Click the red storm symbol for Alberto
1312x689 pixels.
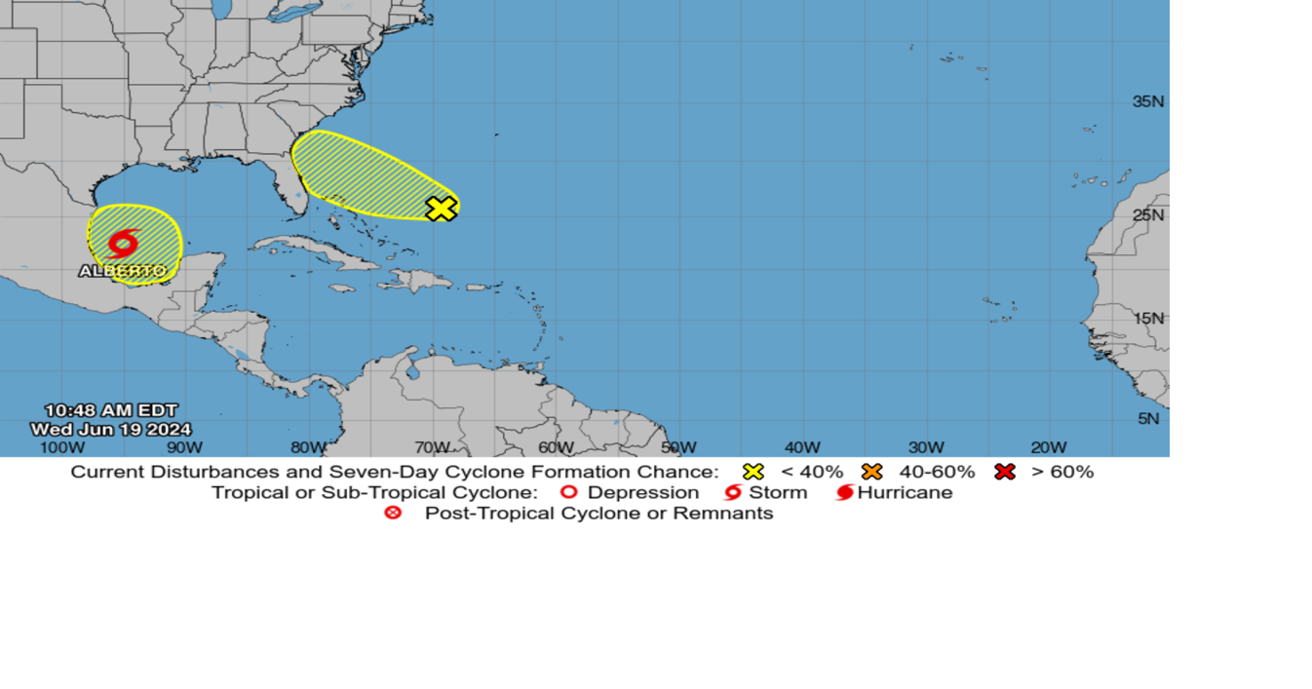pyautogui.click(x=124, y=242)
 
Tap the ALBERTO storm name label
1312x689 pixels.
pyautogui.click(x=123, y=271)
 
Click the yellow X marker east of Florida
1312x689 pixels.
pyautogui.click(x=442, y=208)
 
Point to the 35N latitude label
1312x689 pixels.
pyautogui.click(x=1147, y=101)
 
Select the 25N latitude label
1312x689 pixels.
pyautogui.click(x=1147, y=214)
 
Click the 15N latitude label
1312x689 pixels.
pyautogui.click(x=1147, y=318)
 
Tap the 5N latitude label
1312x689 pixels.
pyautogui.click(x=1149, y=419)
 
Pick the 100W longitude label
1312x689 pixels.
pyautogui.click(x=61, y=447)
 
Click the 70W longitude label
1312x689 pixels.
pyautogui.click(x=431, y=447)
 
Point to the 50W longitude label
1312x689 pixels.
pyautogui.click(x=678, y=447)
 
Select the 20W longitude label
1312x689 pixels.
pyautogui.click(x=1049, y=447)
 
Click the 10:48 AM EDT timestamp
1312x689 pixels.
pyautogui.click(x=111, y=410)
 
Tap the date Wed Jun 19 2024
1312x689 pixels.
pyautogui.click(x=111, y=430)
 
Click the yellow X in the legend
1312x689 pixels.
pyautogui.click(x=753, y=472)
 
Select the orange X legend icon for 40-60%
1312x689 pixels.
pyautogui.click(x=871, y=472)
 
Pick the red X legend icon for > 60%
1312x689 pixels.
pyautogui.click(x=1005, y=472)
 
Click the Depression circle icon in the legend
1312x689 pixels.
pyautogui.click(x=569, y=492)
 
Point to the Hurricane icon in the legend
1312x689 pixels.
pyautogui.click(x=844, y=492)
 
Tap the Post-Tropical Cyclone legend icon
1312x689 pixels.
pyautogui.click(x=393, y=513)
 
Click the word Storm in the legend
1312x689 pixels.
pyautogui.click(x=778, y=492)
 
